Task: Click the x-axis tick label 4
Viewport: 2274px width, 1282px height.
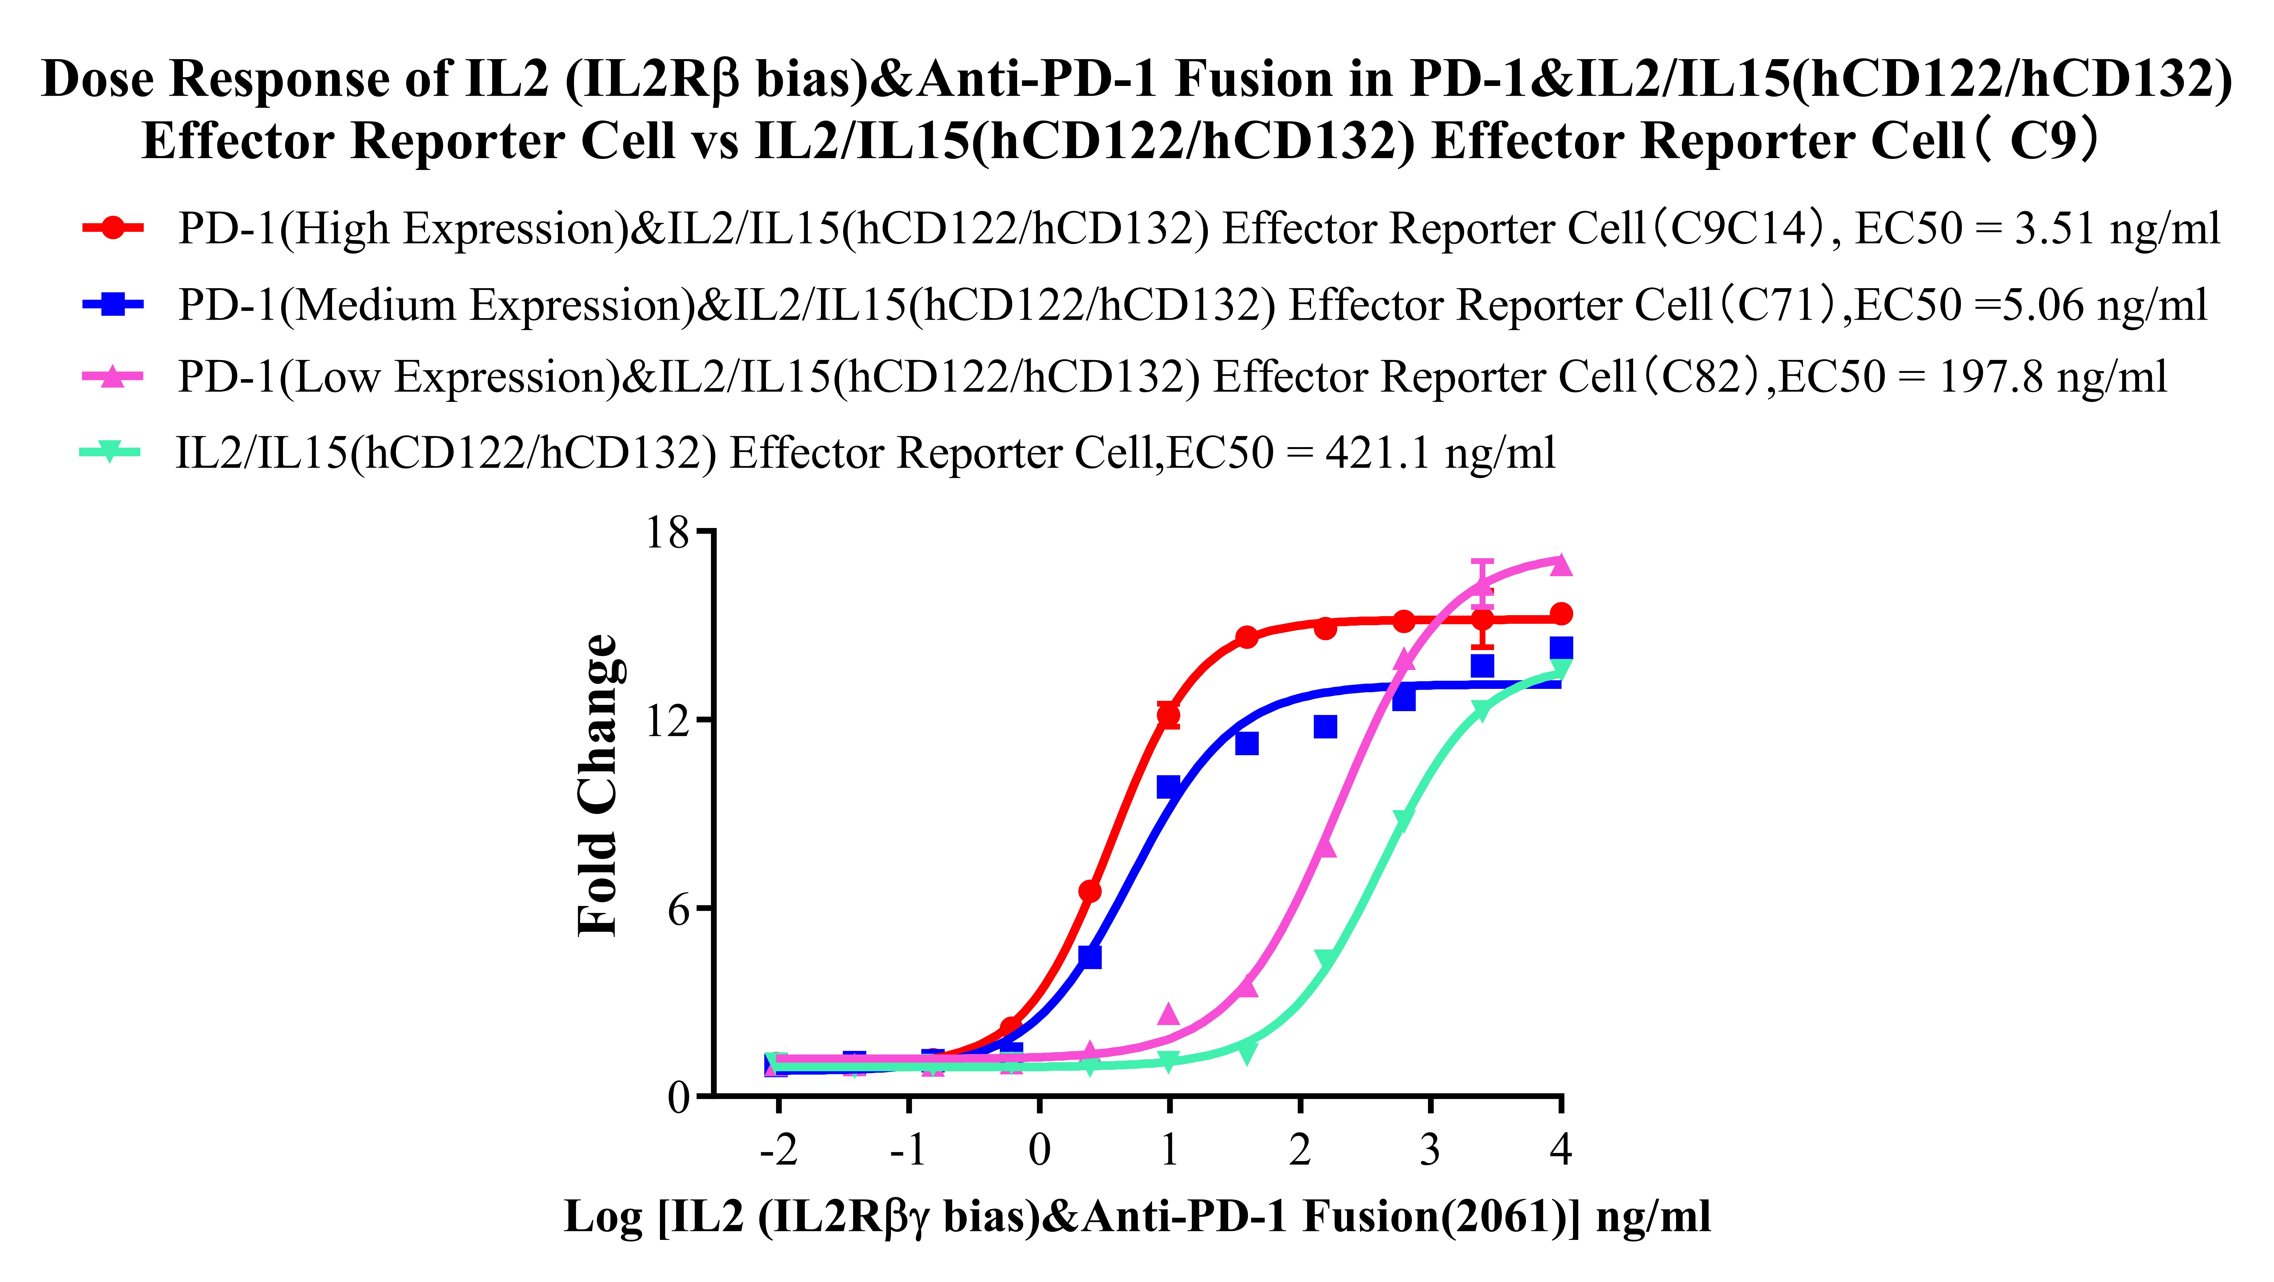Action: coord(1561,1150)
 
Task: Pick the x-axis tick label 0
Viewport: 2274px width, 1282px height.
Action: coord(1040,1150)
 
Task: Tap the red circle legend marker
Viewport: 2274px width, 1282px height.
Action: coord(112,228)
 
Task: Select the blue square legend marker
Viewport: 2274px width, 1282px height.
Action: coord(112,305)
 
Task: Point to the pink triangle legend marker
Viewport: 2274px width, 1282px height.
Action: coord(112,377)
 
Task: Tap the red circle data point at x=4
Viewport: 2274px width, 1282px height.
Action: coord(1561,614)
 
